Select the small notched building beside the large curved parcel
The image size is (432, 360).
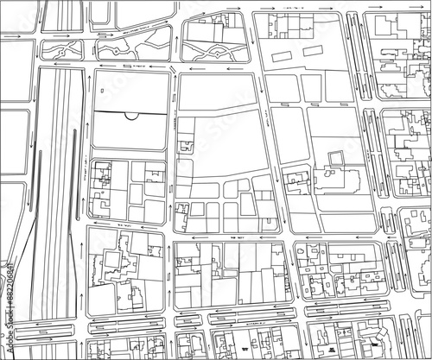[x=185, y=145]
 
